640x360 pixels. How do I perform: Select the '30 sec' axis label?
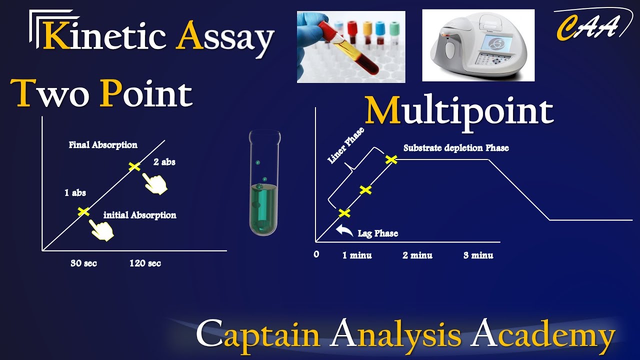point(83,263)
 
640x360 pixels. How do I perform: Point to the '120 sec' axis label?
point(145,263)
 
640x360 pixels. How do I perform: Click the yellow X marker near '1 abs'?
point(83,211)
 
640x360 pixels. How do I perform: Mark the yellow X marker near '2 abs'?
point(134,166)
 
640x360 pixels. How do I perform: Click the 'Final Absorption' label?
point(103,145)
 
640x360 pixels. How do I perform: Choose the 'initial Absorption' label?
point(139,215)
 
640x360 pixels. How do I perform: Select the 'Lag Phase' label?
point(378,233)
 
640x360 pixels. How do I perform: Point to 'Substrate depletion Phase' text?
point(456,148)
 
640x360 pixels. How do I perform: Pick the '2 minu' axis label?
point(417,255)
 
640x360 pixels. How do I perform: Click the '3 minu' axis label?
point(478,255)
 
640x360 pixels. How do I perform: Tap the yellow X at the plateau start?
point(391,159)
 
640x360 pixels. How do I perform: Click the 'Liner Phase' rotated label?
point(345,145)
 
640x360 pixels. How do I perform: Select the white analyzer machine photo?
point(478,45)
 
